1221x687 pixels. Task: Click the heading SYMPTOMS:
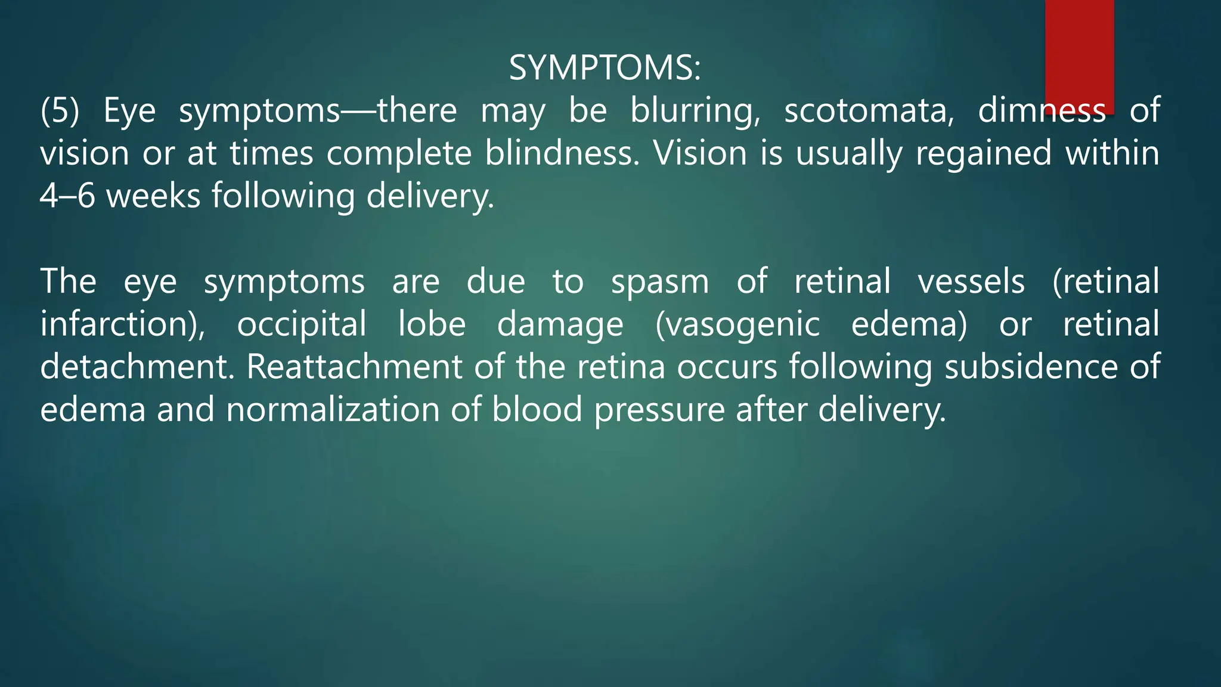click(x=605, y=68)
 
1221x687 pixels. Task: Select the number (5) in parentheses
click(x=60, y=111)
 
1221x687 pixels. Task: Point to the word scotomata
click(x=869, y=111)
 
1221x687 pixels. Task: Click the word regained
click(x=984, y=153)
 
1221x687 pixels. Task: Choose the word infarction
click(x=119, y=324)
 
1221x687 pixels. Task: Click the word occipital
click(x=302, y=324)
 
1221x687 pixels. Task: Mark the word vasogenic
click(x=737, y=324)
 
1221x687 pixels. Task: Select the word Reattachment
click(x=354, y=367)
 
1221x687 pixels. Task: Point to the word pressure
click(x=659, y=410)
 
